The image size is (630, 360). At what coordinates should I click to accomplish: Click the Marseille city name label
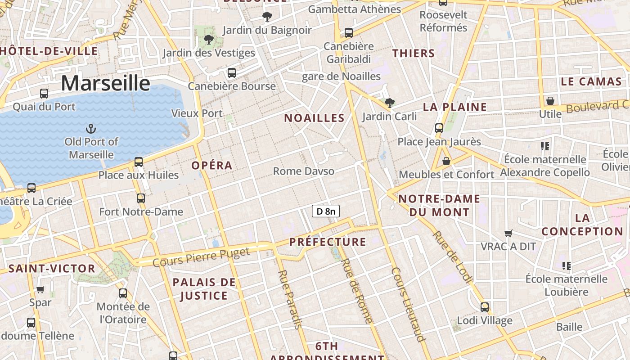pos(105,83)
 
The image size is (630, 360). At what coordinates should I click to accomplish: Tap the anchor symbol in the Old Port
pos(91,129)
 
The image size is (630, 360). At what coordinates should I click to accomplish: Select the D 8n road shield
pos(325,211)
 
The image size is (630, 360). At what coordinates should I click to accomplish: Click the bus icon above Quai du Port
pos(44,94)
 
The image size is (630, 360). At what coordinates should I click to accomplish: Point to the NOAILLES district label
pos(314,118)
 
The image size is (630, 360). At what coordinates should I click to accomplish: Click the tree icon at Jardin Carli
pos(389,103)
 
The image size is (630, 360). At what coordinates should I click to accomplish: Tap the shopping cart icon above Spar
pos(40,289)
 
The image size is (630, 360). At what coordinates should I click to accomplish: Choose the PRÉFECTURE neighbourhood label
pos(328,242)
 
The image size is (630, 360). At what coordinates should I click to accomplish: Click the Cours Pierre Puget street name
pos(201,257)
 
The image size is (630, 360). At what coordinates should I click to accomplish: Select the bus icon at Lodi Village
pos(485,307)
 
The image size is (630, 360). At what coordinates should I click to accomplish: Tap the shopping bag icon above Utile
pos(550,101)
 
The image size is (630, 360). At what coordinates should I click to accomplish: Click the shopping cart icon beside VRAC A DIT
pos(508,233)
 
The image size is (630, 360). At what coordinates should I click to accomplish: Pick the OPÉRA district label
pos(212,165)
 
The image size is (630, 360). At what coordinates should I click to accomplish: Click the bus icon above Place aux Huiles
pos(139,162)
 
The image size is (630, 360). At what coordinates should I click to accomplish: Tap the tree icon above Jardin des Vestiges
pos(208,40)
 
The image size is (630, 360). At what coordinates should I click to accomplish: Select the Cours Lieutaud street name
pos(408,304)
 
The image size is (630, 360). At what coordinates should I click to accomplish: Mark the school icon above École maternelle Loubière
pos(567,266)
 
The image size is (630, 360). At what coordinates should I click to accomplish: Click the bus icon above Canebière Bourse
pos(232,73)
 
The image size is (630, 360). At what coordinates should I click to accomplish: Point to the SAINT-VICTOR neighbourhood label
pos(52,269)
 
